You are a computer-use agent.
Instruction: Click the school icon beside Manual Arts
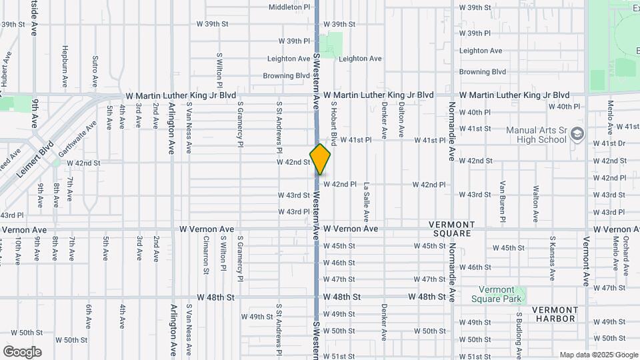click(x=577, y=133)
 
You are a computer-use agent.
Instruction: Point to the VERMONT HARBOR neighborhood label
click(x=554, y=314)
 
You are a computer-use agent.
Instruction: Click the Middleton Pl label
click(x=289, y=7)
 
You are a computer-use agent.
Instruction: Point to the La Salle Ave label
click(x=366, y=203)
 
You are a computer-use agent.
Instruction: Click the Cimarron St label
click(x=206, y=255)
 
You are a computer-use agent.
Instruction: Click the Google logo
click(x=22, y=351)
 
